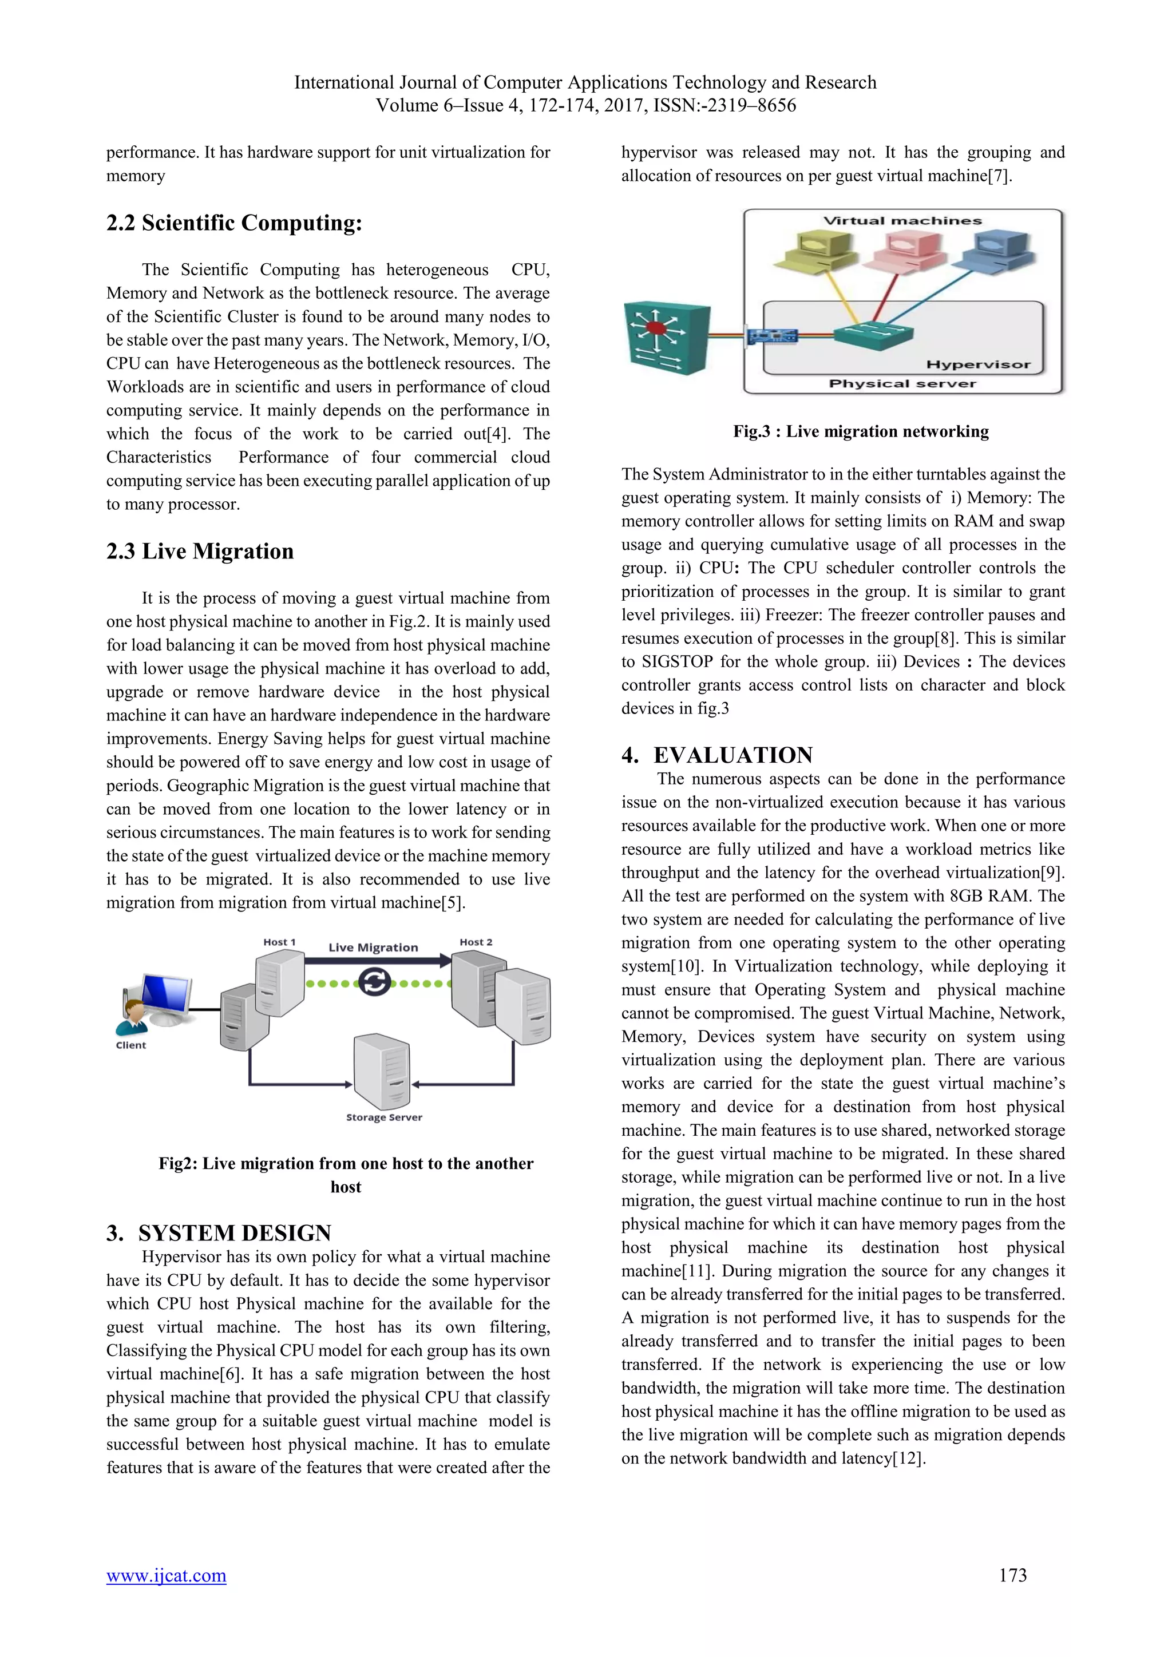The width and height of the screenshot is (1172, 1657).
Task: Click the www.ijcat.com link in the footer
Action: (x=166, y=1575)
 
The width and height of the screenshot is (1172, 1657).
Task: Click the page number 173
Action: (x=1012, y=1575)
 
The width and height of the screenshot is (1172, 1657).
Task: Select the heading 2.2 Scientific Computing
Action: (x=234, y=223)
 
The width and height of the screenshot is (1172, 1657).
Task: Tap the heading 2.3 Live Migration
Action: (x=200, y=552)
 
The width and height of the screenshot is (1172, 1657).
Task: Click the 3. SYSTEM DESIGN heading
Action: (x=219, y=1232)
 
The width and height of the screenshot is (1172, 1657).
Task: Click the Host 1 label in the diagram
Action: (x=279, y=942)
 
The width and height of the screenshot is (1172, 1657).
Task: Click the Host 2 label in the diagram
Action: (x=476, y=942)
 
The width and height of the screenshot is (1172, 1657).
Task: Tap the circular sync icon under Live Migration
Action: (x=375, y=982)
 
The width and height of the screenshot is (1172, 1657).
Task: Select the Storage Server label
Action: (x=384, y=1117)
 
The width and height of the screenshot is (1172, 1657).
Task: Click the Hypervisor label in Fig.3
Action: (x=978, y=364)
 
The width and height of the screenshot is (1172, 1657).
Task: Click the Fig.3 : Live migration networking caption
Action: (x=861, y=431)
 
